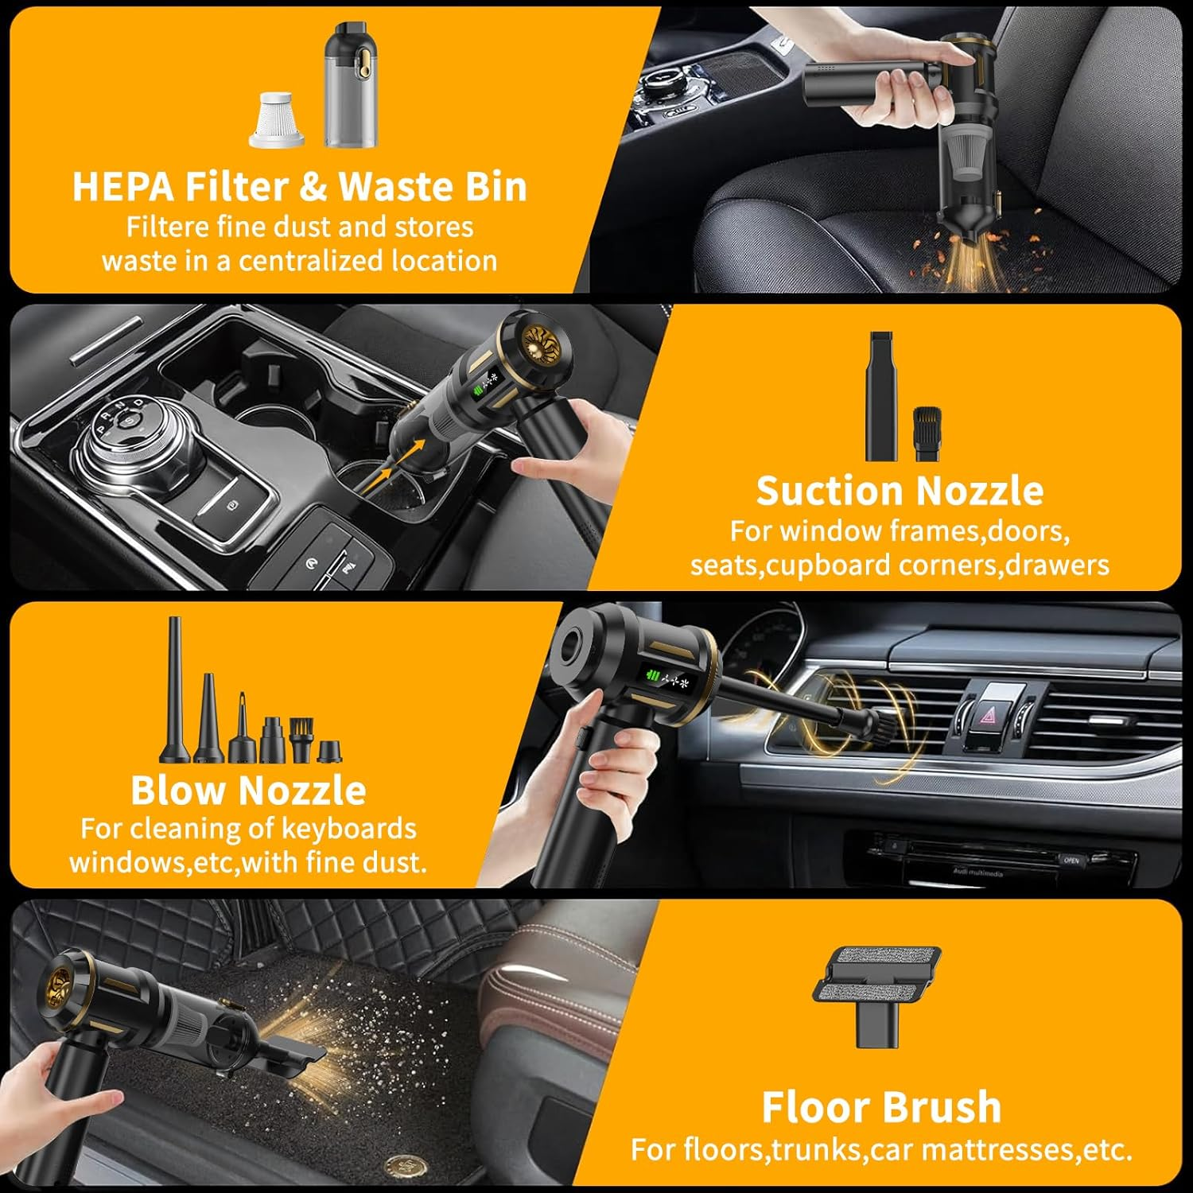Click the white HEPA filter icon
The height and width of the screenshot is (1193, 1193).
coord(276,120)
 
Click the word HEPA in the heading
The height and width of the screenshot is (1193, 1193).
coord(123,187)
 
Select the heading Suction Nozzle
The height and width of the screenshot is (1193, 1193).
coord(899,491)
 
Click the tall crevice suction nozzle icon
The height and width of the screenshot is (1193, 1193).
coord(881,395)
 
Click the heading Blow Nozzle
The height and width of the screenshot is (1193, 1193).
coord(248,791)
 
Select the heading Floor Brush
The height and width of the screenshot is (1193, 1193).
coord(881,1107)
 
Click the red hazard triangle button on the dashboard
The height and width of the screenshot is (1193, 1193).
coord(988,715)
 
